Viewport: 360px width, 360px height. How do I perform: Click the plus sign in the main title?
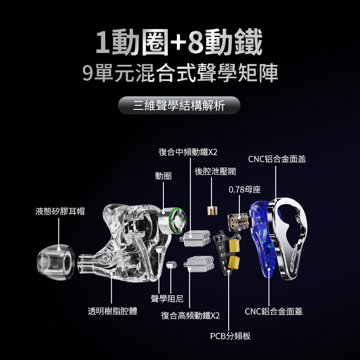click(x=178, y=42)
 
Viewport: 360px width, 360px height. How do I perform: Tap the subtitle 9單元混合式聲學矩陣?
click(x=180, y=73)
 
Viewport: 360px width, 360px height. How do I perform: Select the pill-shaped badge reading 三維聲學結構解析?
click(x=179, y=105)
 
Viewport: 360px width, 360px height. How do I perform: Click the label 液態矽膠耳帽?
click(x=60, y=211)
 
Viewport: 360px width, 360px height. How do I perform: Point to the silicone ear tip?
click(x=56, y=262)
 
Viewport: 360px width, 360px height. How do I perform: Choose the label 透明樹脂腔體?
click(x=112, y=311)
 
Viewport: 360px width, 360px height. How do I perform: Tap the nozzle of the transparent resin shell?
click(x=86, y=264)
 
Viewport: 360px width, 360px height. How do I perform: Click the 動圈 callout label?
click(x=163, y=176)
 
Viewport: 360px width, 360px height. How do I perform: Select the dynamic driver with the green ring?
click(x=172, y=220)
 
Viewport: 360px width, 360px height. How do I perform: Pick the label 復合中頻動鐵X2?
click(x=188, y=152)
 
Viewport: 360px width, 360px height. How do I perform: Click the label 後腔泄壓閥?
click(x=216, y=171)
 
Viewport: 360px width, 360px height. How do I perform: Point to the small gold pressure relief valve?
click(x=212, y=211)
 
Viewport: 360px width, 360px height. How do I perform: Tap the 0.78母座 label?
click(x=245, y=189)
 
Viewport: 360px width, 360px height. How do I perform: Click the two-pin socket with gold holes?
click(x=238, y=222)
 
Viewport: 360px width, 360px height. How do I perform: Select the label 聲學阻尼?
click(x=167, y=298)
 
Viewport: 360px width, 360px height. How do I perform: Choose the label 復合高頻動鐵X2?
click(x=190, y=315)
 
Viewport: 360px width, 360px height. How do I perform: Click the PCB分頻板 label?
click(x=230, y=336)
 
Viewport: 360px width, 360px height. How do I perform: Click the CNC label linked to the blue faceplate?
click(x=274, y=311)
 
